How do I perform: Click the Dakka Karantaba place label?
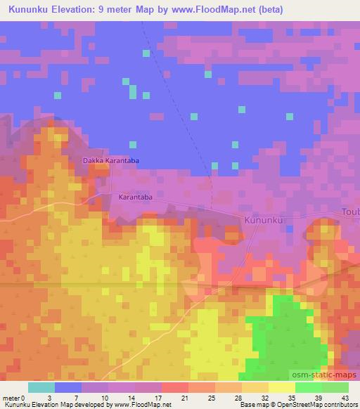coord(111,161)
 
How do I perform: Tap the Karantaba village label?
coord(136,197)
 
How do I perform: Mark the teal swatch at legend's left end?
coord(41,387)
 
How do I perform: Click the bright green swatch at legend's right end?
coord(335,387)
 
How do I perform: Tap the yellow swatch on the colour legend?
coord(282,387)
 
